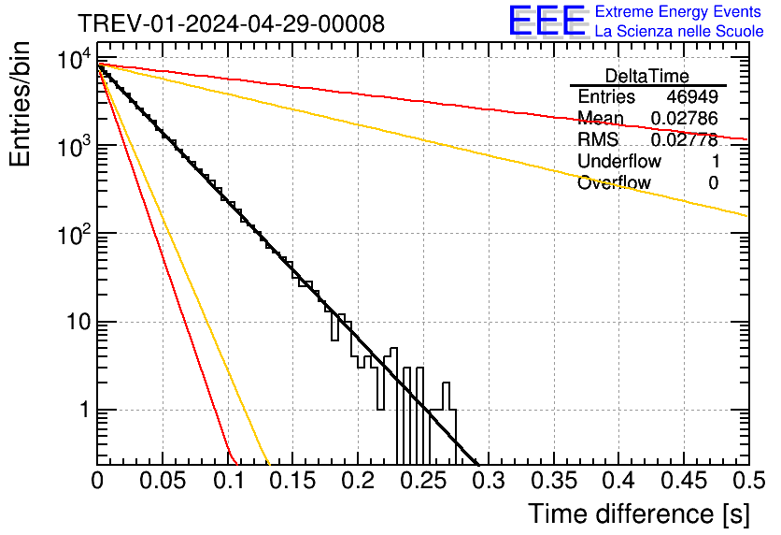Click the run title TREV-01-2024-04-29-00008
coord(230,23)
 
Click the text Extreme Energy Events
coord(678,12)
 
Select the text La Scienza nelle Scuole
coord(678,31)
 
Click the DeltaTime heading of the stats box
coord(647,76)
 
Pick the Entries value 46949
coord(692,97)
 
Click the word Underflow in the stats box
coord(619,162)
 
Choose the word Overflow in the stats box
coord(614,183)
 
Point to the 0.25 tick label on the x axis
coord(423,481)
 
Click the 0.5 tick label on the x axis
coord(748,481)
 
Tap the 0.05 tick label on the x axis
coord(163,481)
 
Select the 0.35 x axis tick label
coord(553,481)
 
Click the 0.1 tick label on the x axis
coord(228,481)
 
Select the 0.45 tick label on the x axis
coord(683,481)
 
